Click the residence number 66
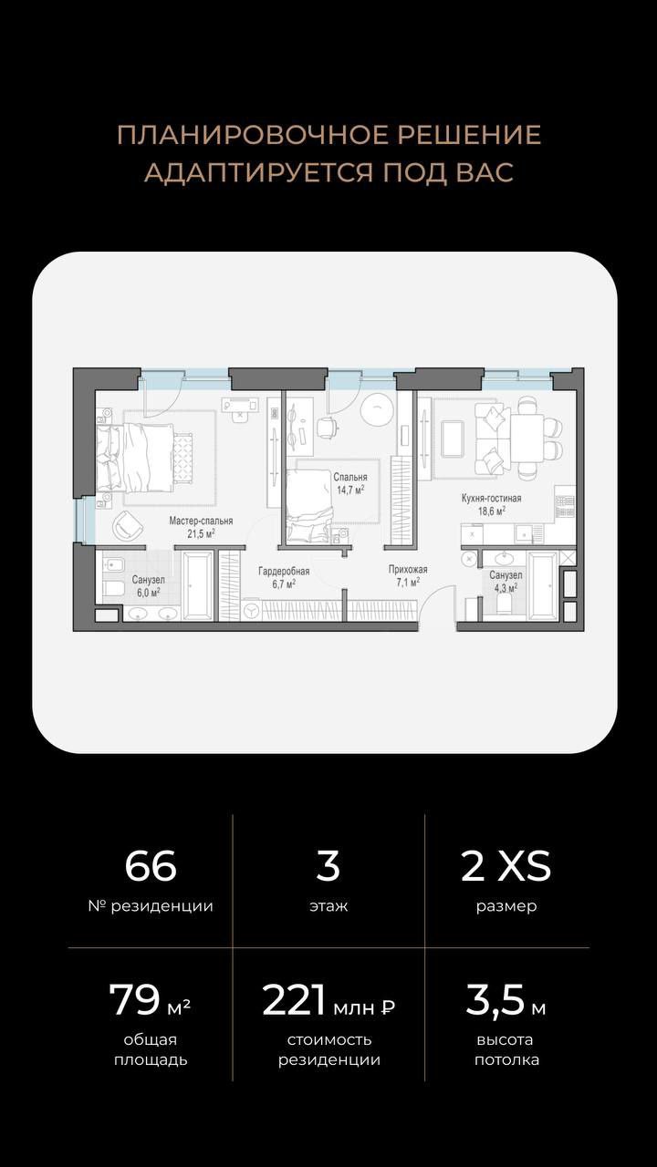click(151, 866)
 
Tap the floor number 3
click(328, 866)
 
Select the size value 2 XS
click(506, 866)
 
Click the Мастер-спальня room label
click(201, 521)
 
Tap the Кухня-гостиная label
click(491, 498)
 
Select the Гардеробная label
click(284, 572)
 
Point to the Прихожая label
click(408, 570)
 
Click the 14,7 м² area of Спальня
click(349, 490)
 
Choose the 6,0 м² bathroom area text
click(148, 593)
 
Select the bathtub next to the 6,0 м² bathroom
click(198, 585)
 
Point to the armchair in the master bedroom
click(128, 526)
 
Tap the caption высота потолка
click(506, 1049)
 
